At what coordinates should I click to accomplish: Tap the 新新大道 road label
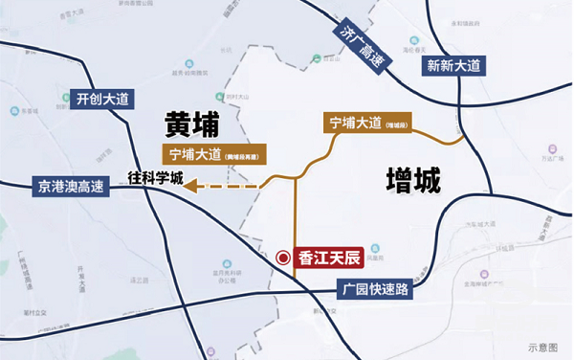(453, 66)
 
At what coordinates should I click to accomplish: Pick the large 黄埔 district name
(191, 124)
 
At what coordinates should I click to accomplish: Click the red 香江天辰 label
(327, 257)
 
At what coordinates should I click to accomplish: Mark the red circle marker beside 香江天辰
(283, 257)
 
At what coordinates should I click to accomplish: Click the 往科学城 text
(154, 176)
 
